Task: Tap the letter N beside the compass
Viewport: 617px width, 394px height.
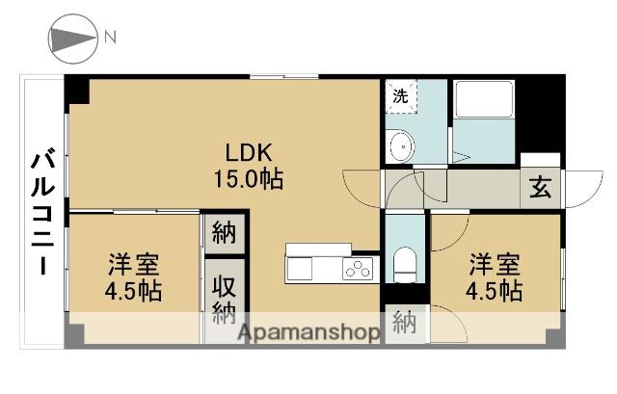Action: tap(111, 39)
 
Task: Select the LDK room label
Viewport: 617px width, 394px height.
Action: tap(250, 153)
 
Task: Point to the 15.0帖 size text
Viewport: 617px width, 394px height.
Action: tap(250, 178)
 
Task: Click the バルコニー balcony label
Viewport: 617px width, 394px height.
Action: tap(41, 211)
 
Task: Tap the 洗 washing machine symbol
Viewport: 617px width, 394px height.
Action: tap(399, 96)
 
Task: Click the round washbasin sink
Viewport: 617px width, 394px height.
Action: tap(400, 147)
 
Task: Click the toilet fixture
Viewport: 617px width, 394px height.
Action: tap(405, 261)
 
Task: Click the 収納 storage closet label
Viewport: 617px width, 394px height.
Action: tap(225, 300)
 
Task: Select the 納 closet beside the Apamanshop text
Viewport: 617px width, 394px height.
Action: tap(404, 325)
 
